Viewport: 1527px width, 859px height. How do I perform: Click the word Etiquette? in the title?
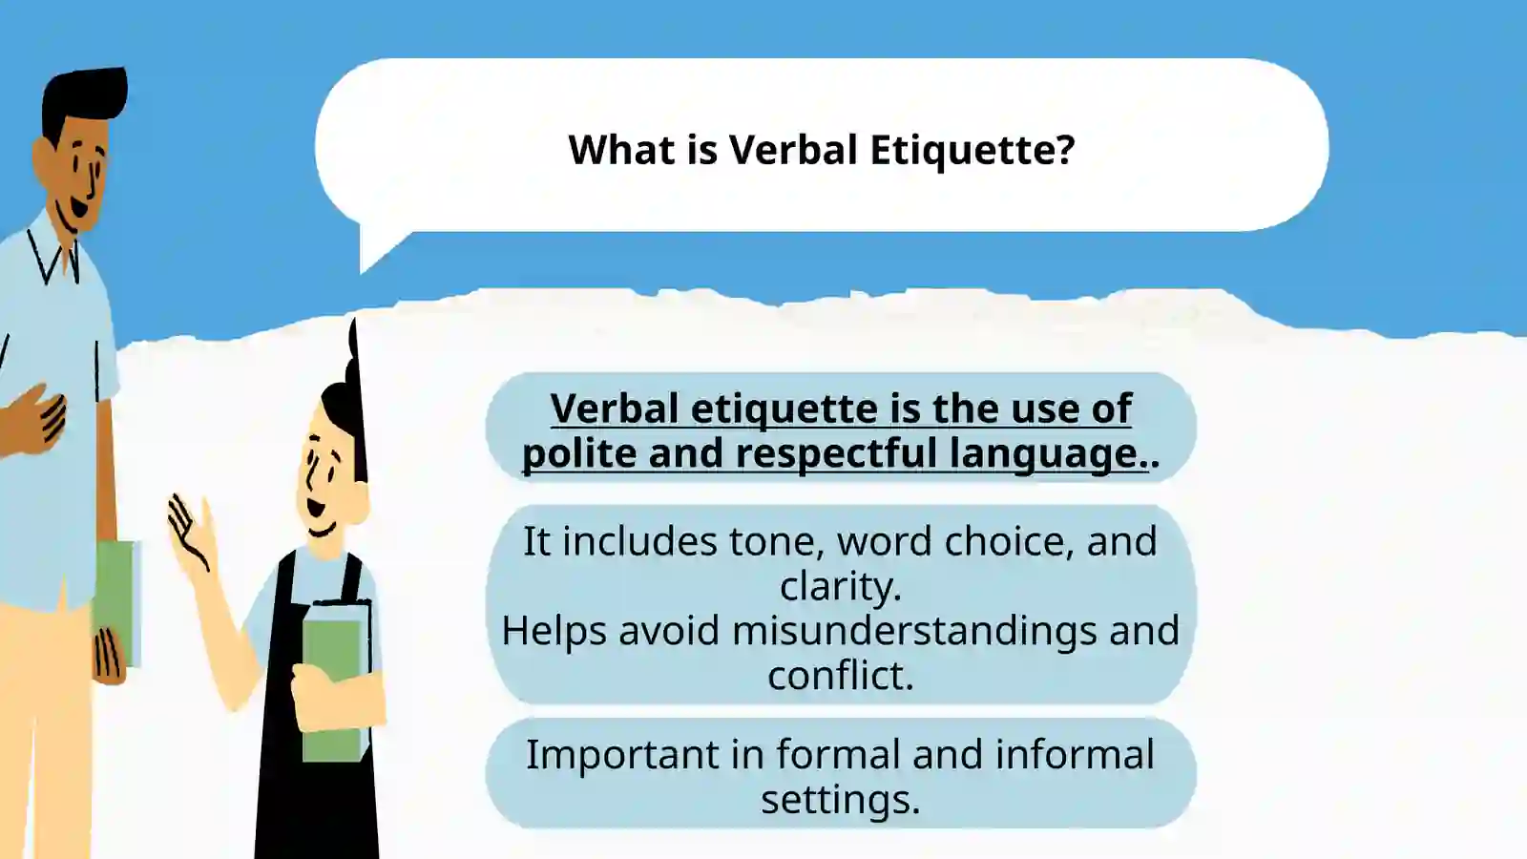[x=973, y=150]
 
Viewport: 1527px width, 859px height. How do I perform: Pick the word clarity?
[x=841, y=586]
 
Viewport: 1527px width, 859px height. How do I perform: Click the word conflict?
[x=841, y=675]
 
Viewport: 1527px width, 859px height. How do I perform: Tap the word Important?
[x=622, y=755]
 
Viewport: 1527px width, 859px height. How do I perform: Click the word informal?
[x=1075, y=754]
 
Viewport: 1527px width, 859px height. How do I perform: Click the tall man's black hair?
[x=83, y=101]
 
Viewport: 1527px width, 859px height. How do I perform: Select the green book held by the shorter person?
[x=335, y=681]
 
